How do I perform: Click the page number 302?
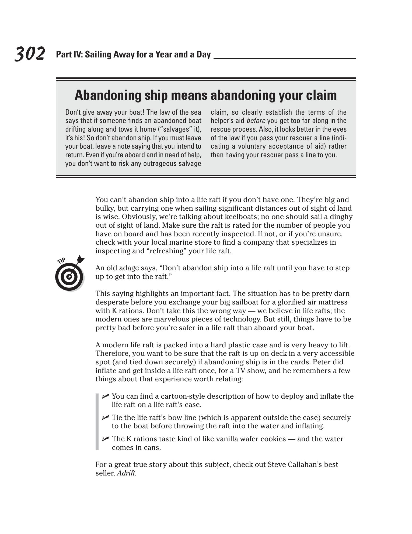[x=30, y=54]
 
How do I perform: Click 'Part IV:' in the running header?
[x=69, y=54]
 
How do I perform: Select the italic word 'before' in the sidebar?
[x=256, y=121]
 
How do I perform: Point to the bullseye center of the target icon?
[x=69, y=276]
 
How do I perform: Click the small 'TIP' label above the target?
[x=61, y=261]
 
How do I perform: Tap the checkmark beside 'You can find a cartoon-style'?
[x=105, y=396]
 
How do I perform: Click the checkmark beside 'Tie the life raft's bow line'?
[x=105, y=417]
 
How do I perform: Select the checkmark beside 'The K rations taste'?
[x=105, y=439]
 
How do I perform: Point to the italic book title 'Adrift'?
[x=126, y=473]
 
